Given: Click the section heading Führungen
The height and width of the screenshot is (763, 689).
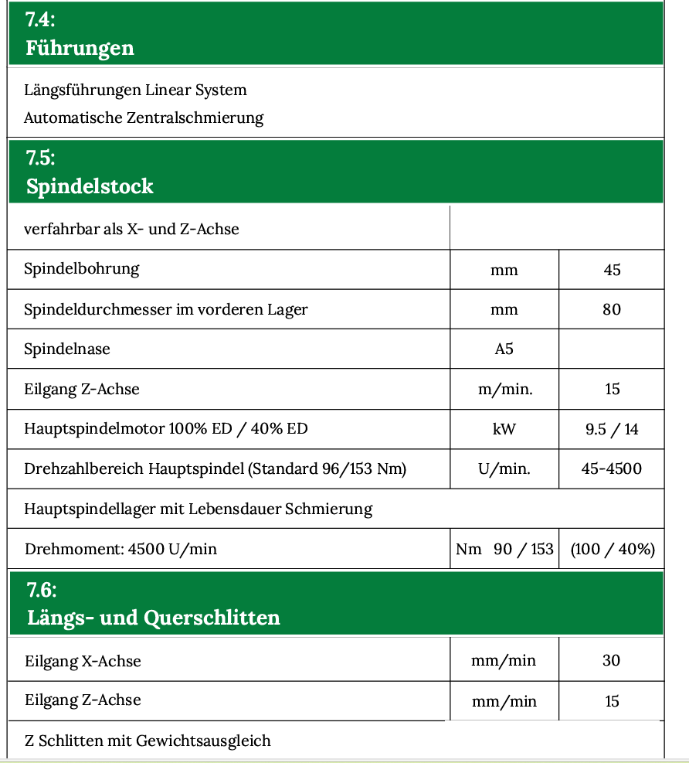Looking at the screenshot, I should pyautogui.click(x=80, y=48).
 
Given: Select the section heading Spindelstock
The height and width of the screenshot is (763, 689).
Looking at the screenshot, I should pyautogui.click(x=90, y=186).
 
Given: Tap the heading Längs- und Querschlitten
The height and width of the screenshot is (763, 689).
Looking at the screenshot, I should pyautogui.click(x=153, y=618).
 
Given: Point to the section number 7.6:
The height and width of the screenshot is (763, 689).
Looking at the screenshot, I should pyautogui.click(x=42, y=591).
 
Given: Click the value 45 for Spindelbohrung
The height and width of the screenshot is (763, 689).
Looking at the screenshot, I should pyautogui.click(x=612, y=270).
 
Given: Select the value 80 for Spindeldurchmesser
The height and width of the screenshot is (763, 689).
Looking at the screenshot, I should pyautogui.click(x=612, y=310).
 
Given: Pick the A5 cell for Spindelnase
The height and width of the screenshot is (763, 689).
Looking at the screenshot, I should pyautogui.click(x=504, y=349).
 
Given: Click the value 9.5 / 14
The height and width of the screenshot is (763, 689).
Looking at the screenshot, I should pyautogui.click(x=612, y=429).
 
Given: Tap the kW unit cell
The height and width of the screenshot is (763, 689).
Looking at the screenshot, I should pyautogui.click(x=504, y=429).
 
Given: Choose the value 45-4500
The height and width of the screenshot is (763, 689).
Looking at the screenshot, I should pyautogui.click(x=612, y=469).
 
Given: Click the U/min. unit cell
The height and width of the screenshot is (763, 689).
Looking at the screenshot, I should pyautogui.click(x=504, y=469).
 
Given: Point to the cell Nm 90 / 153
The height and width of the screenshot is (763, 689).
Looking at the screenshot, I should pyautogui.click(x=504, y=549).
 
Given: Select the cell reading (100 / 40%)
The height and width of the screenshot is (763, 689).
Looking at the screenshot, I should pyautogui.click(x=612, y=549).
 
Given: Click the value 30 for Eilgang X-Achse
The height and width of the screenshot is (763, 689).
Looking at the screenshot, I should pyautogui.click(x=612, y=661).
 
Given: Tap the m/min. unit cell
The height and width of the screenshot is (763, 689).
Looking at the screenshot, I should pyautogui.click(x=505, y=389).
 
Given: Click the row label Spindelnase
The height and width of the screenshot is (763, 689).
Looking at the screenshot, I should pyautogui.click(x=67, y=349).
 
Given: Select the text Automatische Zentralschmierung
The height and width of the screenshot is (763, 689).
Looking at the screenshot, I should pyautogui.click(x=144, y=118).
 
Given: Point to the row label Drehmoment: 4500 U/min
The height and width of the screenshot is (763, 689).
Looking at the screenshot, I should pyautogui.click(x=120, y=550).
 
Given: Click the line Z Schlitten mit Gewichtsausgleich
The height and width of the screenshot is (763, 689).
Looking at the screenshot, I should pyautogui.click(x=148, y=741).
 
